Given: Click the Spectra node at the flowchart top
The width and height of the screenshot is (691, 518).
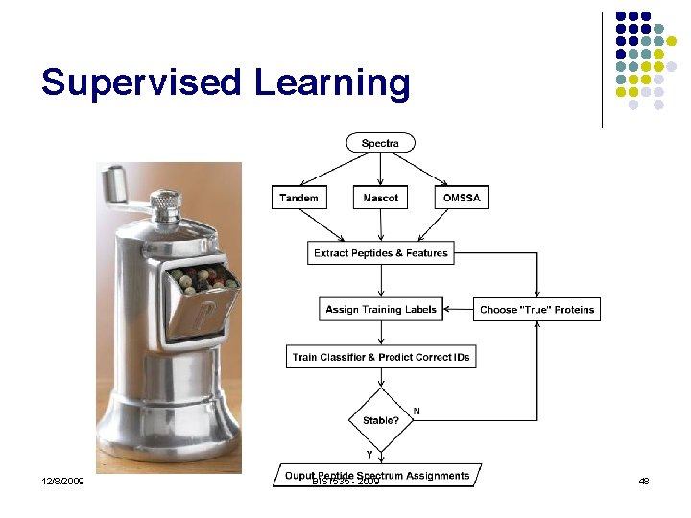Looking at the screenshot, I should click(380, 143).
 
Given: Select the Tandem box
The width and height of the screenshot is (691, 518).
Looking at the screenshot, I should click(298, 198).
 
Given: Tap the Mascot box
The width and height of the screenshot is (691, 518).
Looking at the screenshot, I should click(380, 198).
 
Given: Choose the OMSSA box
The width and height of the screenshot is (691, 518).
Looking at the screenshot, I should click(462, 198).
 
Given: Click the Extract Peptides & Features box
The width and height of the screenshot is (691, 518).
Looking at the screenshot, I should click(380, 253).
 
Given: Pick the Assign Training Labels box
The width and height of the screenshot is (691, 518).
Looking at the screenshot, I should click(380, 309).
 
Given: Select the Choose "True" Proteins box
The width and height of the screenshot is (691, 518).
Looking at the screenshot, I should click(536, 309).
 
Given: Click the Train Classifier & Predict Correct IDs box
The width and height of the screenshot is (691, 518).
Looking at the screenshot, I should click(380, 356).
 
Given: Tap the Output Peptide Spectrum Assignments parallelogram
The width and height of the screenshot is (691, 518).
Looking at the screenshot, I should click(377, 476).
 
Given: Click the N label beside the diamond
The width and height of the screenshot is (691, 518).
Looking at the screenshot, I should click(416, 411).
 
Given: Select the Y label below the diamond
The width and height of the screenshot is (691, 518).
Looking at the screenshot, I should click(369, 453).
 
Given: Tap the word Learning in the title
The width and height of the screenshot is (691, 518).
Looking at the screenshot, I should click(332, 82).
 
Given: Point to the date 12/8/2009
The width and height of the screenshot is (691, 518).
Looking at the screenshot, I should click(62, 481).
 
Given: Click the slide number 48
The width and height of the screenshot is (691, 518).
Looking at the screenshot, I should click(644, 481).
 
